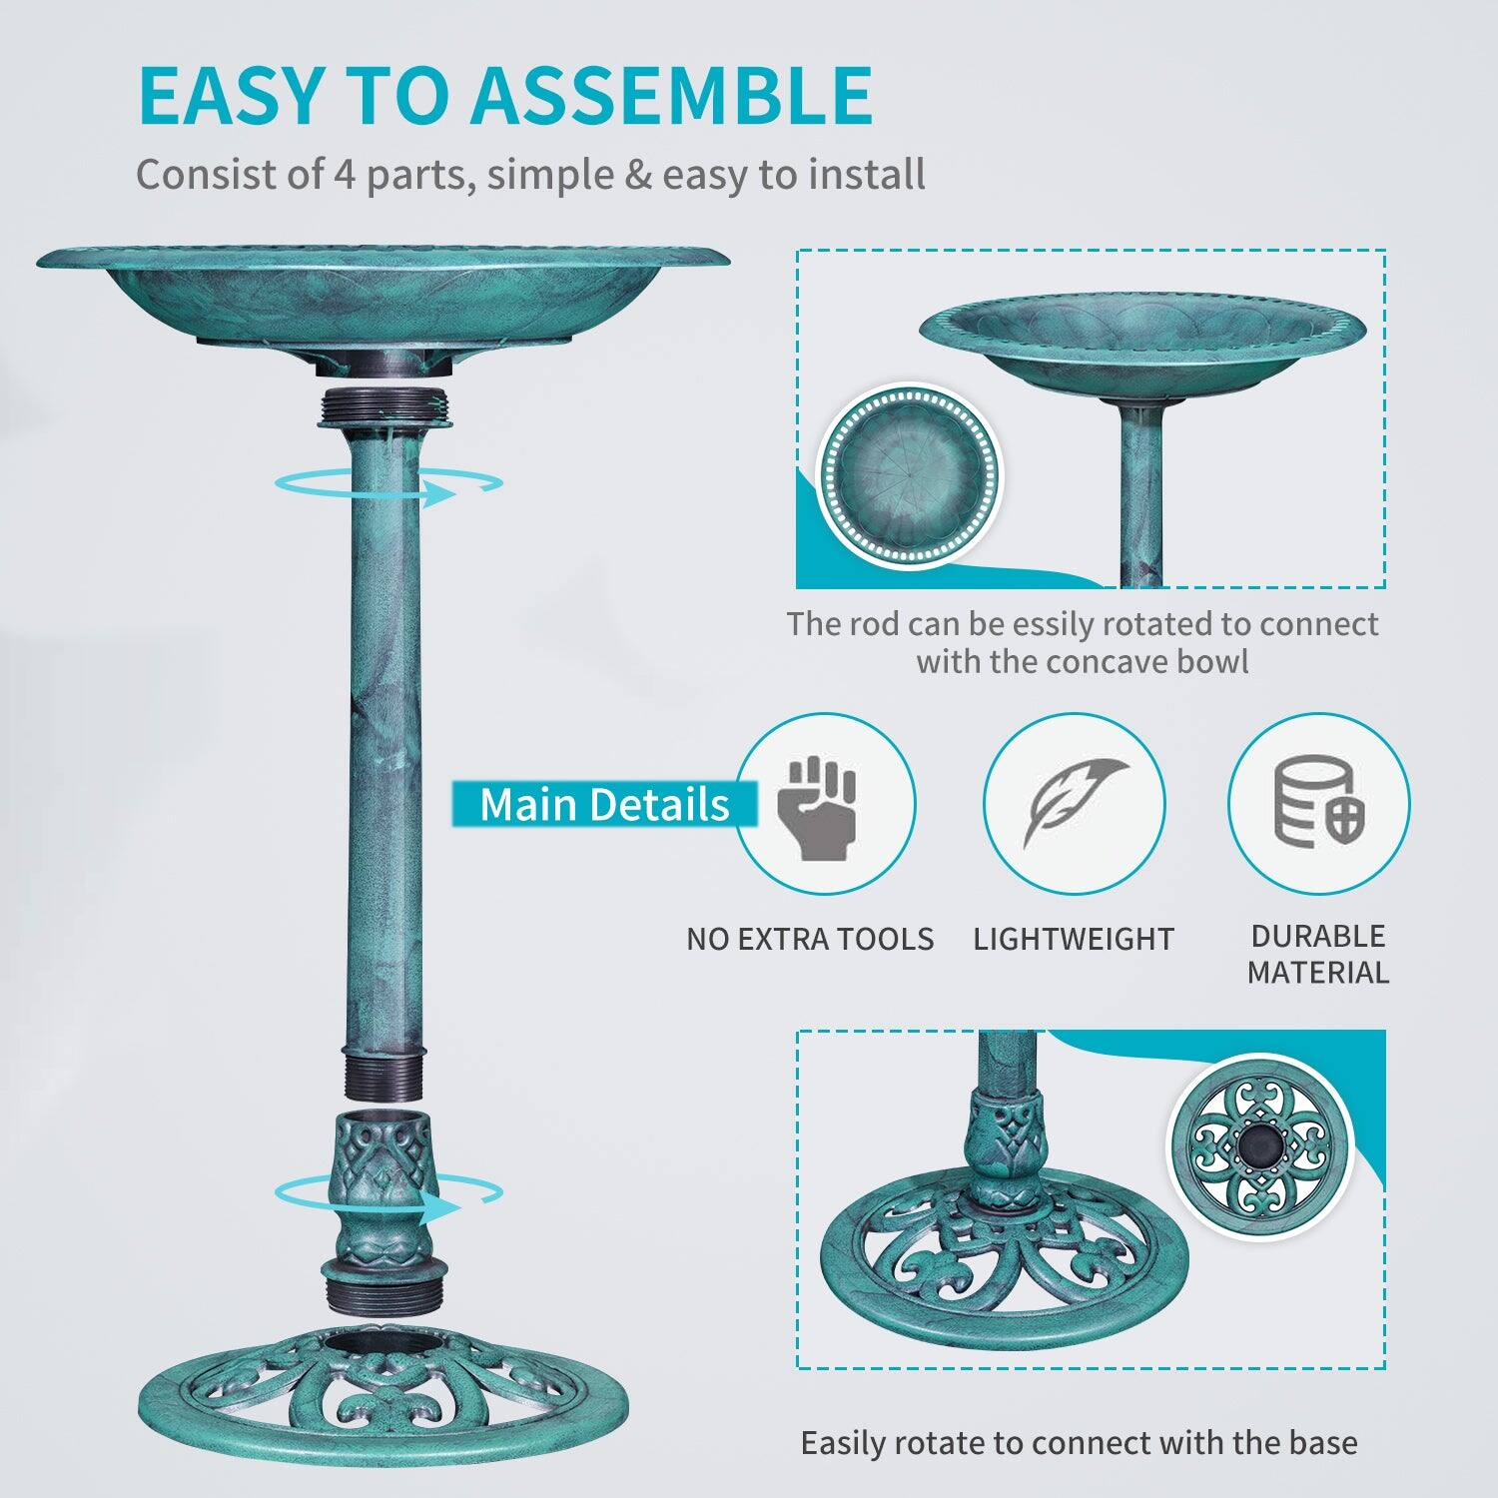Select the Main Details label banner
(x=603, y=805)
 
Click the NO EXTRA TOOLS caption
(x=810, y=939)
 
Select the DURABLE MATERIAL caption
(x=1317, y=954)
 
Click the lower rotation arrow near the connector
(x=389, y=1196)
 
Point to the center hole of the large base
(x=384, y=1343)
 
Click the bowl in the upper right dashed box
(x=1141, y=345)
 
